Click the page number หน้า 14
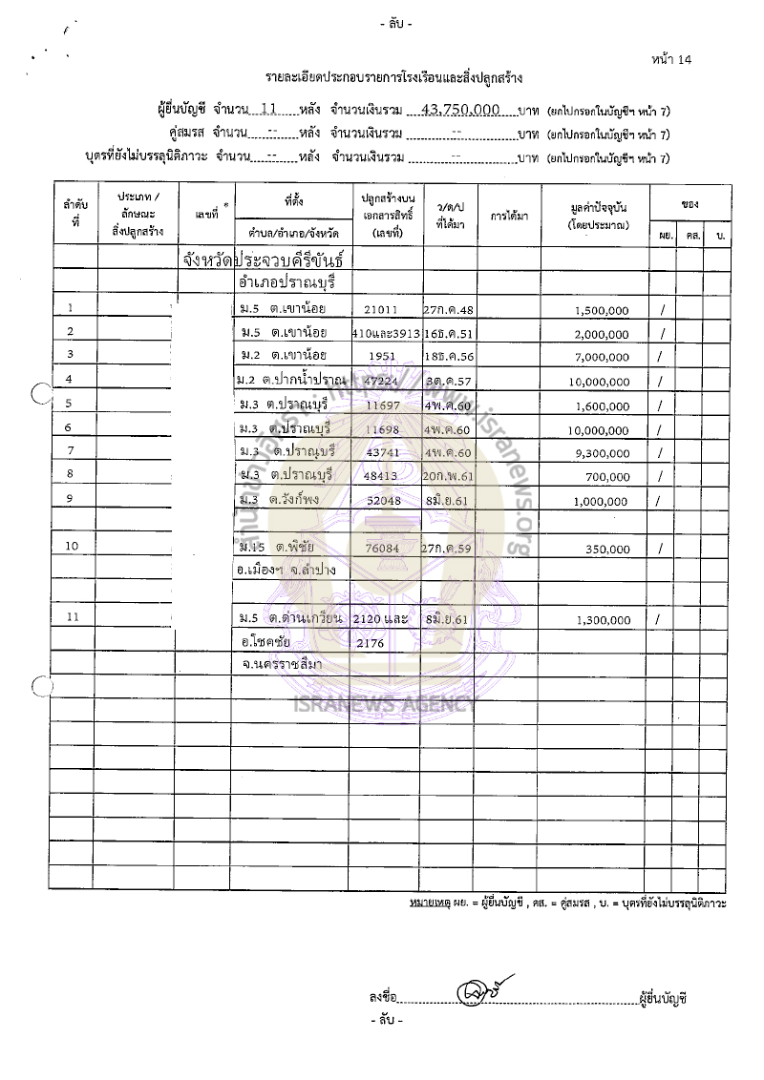(x=671, y=59)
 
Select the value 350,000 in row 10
(x=606, y=550)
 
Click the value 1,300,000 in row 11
(x=603, y=620)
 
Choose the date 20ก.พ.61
(x=450, y=475)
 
